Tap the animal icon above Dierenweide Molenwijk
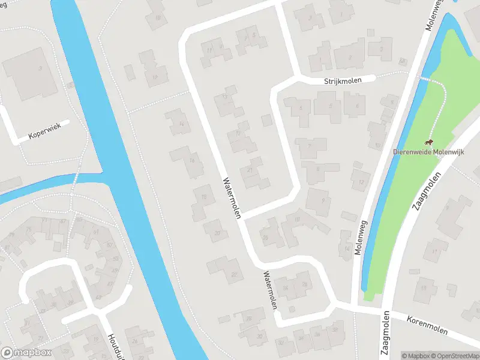coord(428,142)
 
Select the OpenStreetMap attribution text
coord(455,355)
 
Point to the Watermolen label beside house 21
coord(232,197)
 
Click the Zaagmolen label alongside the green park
coord(427,191)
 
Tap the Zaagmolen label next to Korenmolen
coord(386,334)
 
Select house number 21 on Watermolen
coord(249,170)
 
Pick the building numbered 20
coord(217,232)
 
